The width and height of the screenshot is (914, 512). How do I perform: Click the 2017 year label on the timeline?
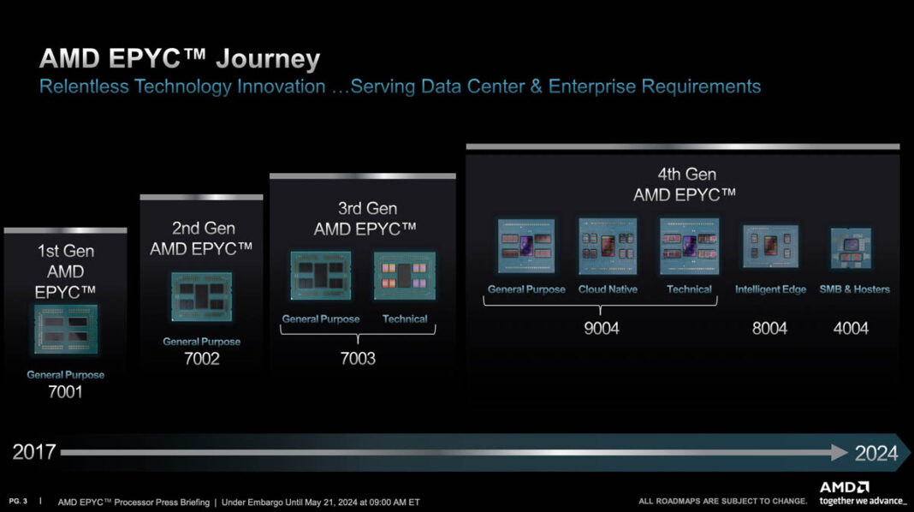point(34,452)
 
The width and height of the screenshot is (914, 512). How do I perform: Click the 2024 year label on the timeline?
point(876,453)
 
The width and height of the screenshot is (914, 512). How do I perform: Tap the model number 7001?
point(66,393)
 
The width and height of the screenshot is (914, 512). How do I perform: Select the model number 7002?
point(202,359)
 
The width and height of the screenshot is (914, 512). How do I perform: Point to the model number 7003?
point(358,359)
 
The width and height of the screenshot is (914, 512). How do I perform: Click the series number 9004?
point(601,328)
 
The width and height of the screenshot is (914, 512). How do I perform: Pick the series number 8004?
point(769,328)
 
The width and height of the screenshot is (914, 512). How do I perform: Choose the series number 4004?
point(851,328)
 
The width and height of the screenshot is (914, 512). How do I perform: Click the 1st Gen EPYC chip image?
point(66,330)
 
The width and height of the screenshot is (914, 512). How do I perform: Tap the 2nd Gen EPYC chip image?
point(202,296)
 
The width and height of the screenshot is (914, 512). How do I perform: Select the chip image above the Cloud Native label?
point(608,246)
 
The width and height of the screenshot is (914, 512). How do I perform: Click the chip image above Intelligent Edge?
point(770,247)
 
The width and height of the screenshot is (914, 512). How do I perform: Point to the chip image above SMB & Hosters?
point(851,248)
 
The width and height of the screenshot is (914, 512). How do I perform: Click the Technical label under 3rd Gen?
point(405,319)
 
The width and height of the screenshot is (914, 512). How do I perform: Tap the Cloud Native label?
point(608,289)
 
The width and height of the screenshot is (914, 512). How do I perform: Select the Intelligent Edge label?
point(770,289)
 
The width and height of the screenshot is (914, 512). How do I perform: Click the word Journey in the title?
point(268,59)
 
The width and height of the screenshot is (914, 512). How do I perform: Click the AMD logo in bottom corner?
point(844,487)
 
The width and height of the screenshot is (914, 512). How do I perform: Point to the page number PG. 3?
point(17,501)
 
